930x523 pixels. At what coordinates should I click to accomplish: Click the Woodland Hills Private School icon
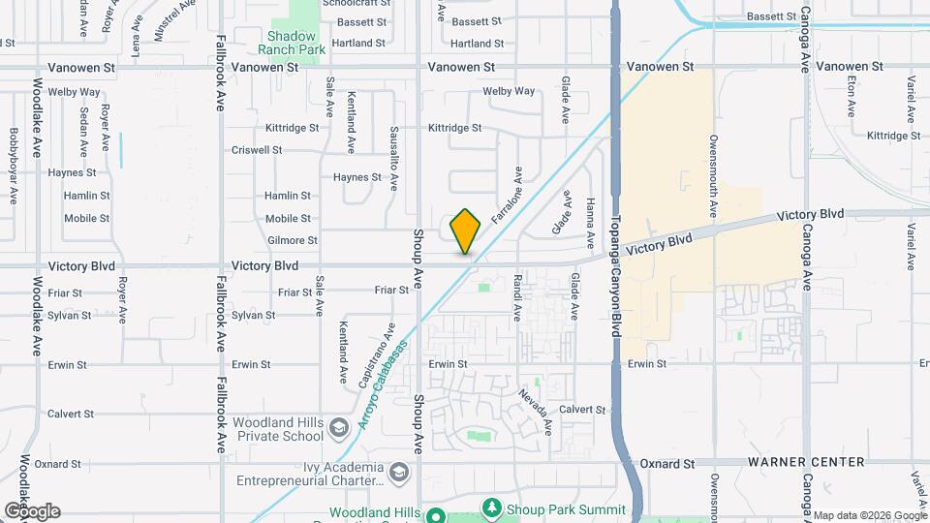click(339, 427)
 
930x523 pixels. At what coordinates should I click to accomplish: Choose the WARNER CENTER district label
click(805, 462)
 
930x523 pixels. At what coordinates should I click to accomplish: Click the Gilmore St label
click(291, 240)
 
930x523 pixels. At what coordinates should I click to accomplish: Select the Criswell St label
click(257, 150)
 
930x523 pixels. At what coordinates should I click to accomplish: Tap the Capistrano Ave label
click(377, 355)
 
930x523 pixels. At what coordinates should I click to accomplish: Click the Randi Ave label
click(517, 297)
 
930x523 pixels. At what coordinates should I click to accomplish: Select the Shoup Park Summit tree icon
click(492, 507)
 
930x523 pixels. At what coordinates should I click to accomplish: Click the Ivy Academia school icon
click(401, 472)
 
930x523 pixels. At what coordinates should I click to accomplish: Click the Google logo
click(32, 510)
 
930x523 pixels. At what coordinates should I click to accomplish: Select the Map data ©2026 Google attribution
click(869, 515)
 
